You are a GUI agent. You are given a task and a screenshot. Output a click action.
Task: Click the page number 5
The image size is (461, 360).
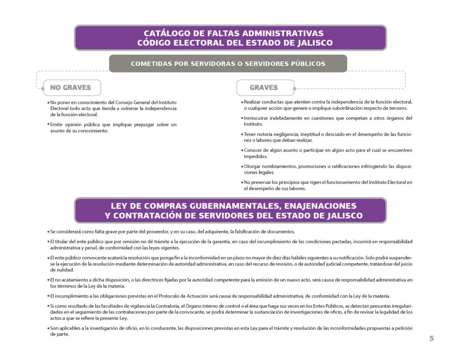(x=431, y=338)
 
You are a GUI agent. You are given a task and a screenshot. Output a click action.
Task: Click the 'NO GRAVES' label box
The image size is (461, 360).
(x=71, y=88)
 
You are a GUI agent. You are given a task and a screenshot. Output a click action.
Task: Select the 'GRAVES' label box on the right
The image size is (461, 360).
(x=264, y=88)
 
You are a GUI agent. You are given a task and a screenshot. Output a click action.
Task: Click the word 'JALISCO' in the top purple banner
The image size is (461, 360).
(x=310, y=43)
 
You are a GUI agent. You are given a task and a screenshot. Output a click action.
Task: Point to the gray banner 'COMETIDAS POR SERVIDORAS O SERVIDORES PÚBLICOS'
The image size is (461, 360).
(x=228, y=64)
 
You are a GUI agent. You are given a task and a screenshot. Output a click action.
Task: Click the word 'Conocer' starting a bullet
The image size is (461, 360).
(x=253, y=150)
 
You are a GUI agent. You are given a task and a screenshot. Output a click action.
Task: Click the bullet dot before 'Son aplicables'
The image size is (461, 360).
(x=48, y=328)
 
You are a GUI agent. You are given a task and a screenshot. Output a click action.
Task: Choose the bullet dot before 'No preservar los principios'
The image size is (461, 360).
(x=242, y=182)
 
